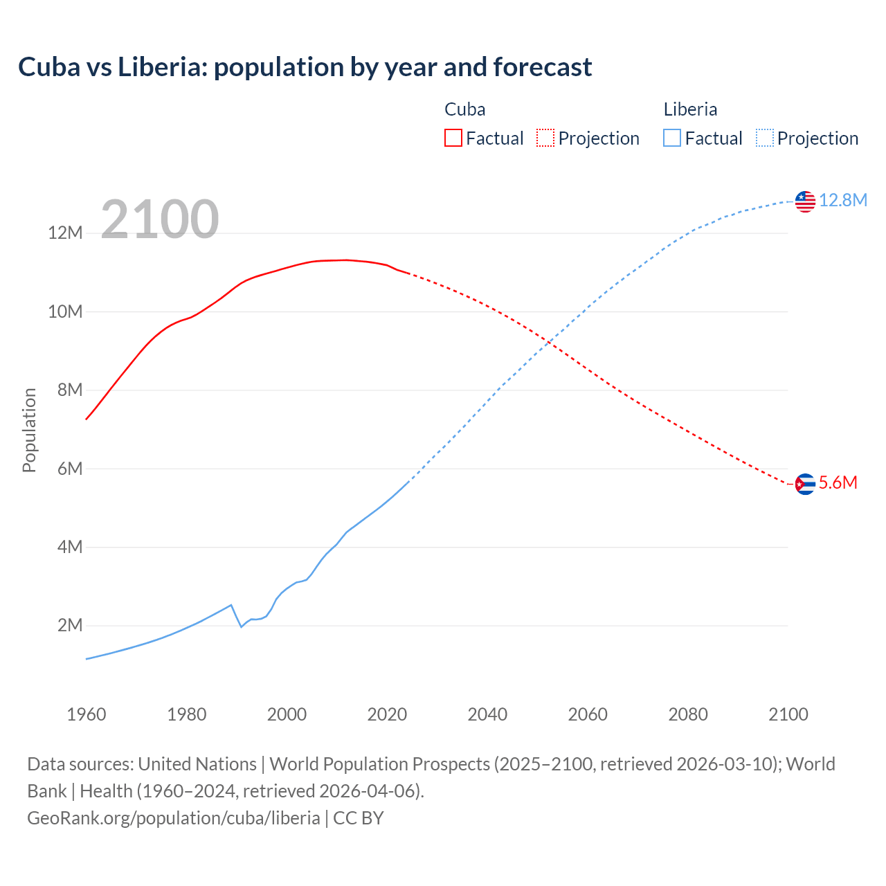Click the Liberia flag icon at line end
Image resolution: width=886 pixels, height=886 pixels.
pyautogui.click(x=805, y=201)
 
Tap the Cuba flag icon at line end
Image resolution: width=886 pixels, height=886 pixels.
pyautogui.click(x=805, y=484)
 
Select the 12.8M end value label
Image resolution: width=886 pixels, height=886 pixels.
pyautogui.click(x=842, y=200)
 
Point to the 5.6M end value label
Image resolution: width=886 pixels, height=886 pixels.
pyautogui.click(x=838, y=482)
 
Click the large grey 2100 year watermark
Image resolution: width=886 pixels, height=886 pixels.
pyautogui.click(x=160, y=219)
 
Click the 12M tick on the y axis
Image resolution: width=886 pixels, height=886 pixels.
pyautogui.click(x=65, y=233)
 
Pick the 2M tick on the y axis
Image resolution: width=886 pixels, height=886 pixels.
pyautogui.click(x=70, y=626)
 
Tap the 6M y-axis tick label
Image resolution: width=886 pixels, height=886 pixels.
pyautogui.click(x=70, y=469)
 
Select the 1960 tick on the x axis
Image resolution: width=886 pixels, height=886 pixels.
pyautogui.click(x=87, y=714)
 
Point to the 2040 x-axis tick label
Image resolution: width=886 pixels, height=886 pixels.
pyautogui.click(x=487, y=714)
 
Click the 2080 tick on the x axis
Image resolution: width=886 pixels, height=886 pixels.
pyautogui.click(x=688, y=714)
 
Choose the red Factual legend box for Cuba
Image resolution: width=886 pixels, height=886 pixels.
pyautogui.click(x=453, y=138)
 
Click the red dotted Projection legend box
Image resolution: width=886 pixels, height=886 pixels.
pyautogui.click(x=545, y=138)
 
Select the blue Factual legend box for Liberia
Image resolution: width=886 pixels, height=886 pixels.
pyautogui.click(x=672, y=138)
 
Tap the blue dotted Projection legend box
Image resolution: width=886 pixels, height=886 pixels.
pyautogui.click(x=765, y=138)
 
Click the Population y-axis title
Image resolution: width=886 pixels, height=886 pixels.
pyautogui.click(x=29, y=430)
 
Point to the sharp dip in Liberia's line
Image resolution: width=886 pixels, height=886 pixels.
pyautogui.click(x=241, y=626)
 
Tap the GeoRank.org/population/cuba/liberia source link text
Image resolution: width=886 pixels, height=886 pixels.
pyautogui.click(x=174, y=817)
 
